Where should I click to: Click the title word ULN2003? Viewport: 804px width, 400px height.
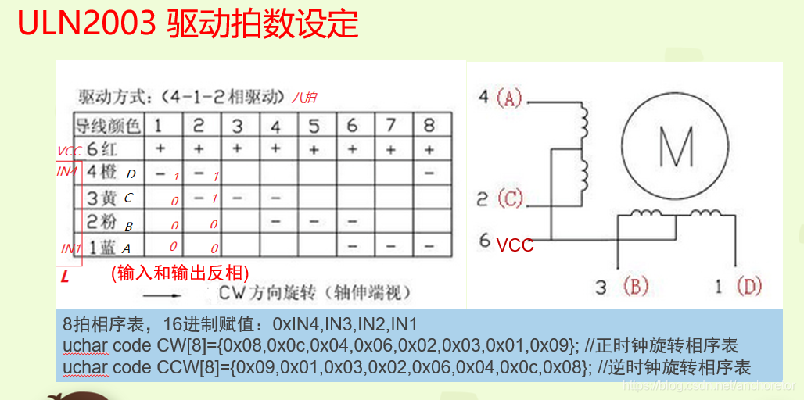pos(87,25)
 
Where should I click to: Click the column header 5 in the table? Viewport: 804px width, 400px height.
pos(314,125)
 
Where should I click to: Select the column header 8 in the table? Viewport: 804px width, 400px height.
pos(429,125)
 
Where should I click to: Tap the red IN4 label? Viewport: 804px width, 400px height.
pos(67,170)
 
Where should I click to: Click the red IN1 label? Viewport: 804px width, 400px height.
pos(70,248)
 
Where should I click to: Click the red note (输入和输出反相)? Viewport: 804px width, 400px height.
pos(180,273)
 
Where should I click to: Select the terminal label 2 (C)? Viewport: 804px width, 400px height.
pos(500,198)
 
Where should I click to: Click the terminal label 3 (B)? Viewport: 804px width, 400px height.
pos(622,287)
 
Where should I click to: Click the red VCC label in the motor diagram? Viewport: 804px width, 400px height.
pos(515,245)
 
